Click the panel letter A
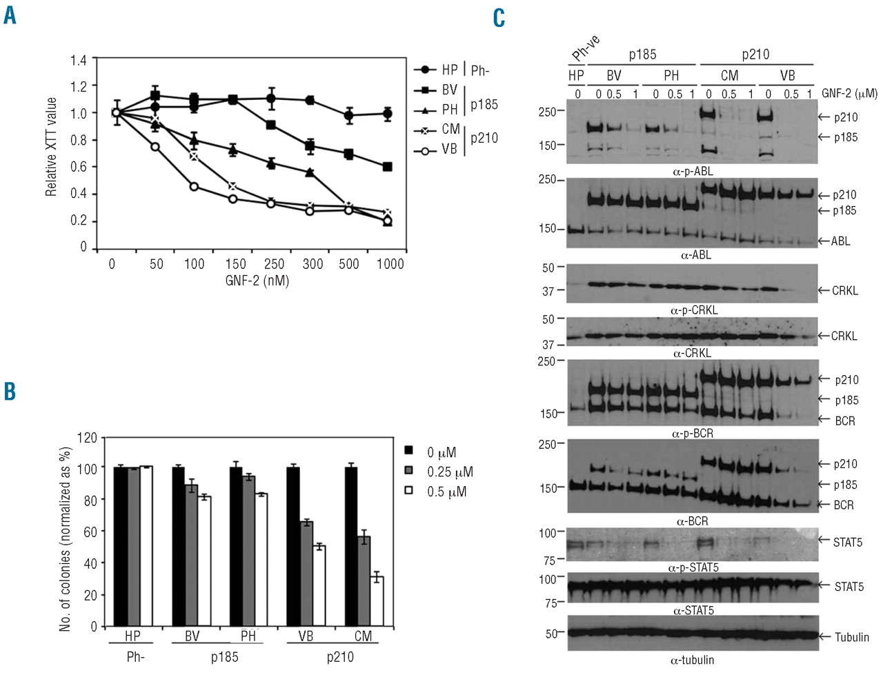coord(10,14)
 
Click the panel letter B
coord(10,391)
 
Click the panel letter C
coord(499,17)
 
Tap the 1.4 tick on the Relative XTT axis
coord(79,61)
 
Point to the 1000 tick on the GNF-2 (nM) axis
coord(390,264)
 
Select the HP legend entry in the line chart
coord(449,70)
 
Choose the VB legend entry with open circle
coord(449,149)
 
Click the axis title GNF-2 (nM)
coord(257,281)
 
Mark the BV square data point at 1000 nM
coord(388,167)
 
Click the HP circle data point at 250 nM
coord(272,99)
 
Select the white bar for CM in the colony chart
coord(377,601)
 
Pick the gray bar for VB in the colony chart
coord(306,574)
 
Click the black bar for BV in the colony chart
coord(178,547)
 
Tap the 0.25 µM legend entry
coord(450,472)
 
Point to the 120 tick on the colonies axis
coord(88,438)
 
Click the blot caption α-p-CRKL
coord(694,311)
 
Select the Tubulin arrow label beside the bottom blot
coord(851,637)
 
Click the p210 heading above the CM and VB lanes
coord(755,54)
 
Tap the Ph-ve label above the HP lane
coord(585,48)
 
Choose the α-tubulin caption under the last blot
coord(692,660)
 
